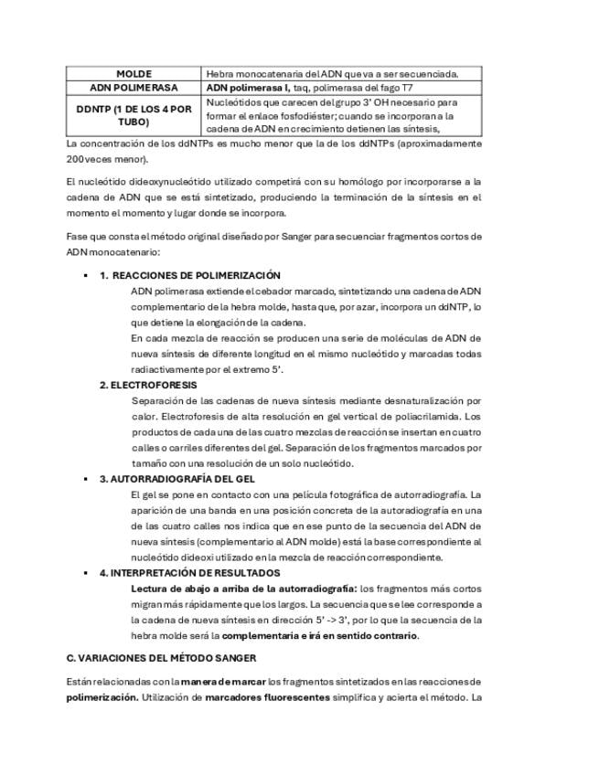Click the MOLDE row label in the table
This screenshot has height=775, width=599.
[134, 74]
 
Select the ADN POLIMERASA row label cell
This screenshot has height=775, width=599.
[134, 88]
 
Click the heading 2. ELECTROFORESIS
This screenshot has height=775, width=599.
[148, 385]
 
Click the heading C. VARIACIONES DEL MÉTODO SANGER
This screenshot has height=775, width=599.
[161, 658]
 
